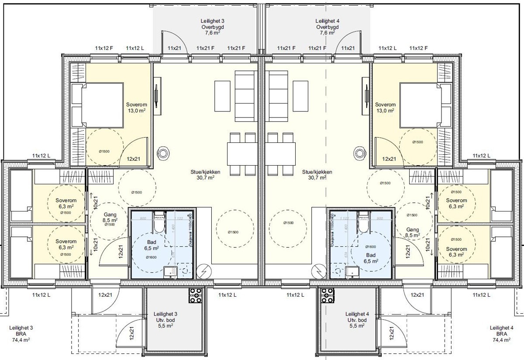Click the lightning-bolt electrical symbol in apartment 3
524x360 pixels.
[203, 272]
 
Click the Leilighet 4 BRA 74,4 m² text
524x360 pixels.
[501, 333]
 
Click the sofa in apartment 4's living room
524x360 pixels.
[278, 96]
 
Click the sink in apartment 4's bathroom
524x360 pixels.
[351, 273]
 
